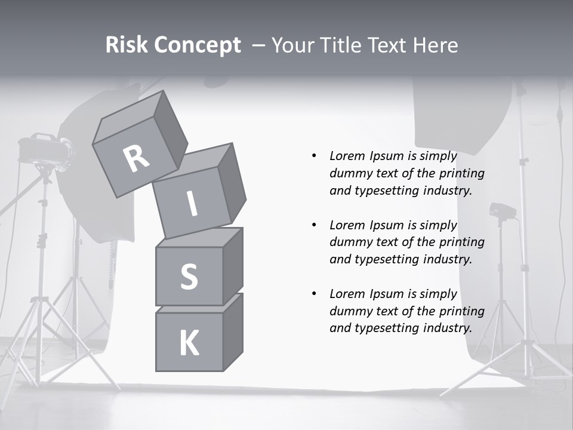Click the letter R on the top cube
(x=137, y=159)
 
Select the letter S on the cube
(x=189, y=277)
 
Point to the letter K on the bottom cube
(x=189, y=343)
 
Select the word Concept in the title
(x=196, y=45)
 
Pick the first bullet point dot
(x=314, y=156)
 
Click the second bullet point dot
(x=314, y=225)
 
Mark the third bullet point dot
(x=314, y=294)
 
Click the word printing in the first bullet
(x=461, y=174)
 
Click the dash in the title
(x=258, y=45)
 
